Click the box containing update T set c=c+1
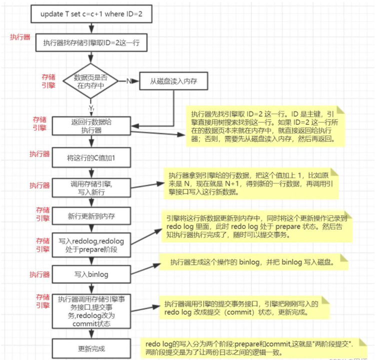click(91, 14)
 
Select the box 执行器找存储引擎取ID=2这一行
click(91, 43)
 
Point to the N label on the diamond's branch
click(128, 81)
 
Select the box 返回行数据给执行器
click(91, 125)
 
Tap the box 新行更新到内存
click(91, 216)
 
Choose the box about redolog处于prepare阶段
click(91, 245)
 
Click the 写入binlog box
click(91, 274)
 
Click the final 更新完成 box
click(91, 347)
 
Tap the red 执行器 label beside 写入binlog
click(39, 274)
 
